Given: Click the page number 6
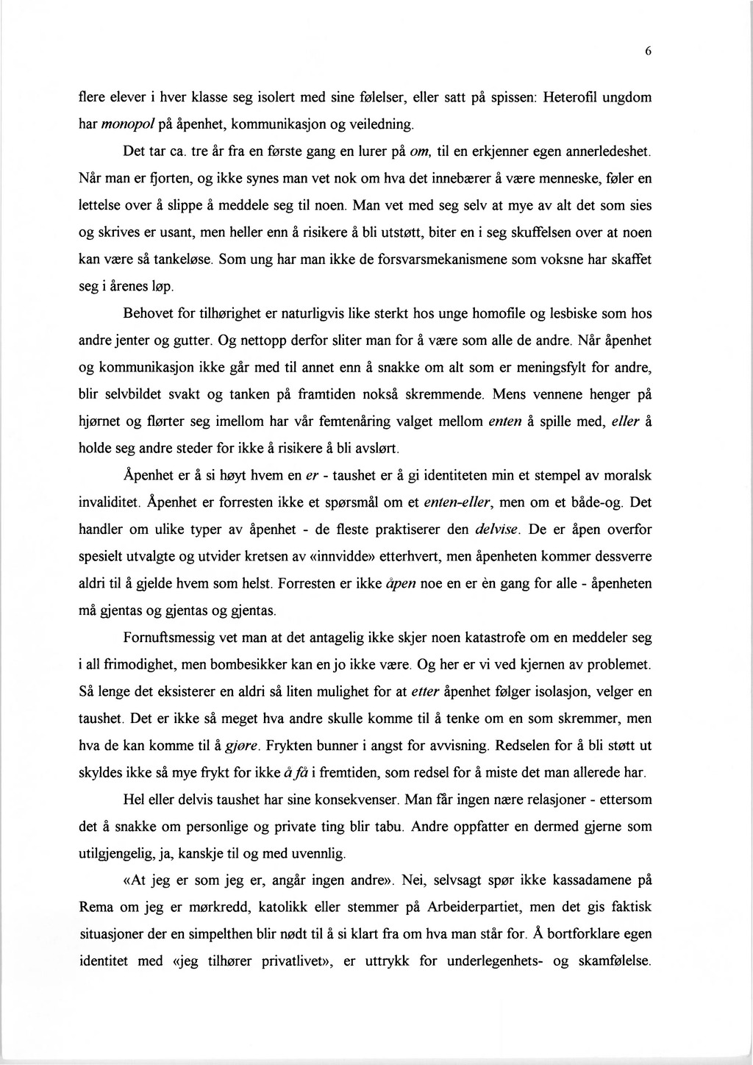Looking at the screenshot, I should (648, 51).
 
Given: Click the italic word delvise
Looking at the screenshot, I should (497, 530).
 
